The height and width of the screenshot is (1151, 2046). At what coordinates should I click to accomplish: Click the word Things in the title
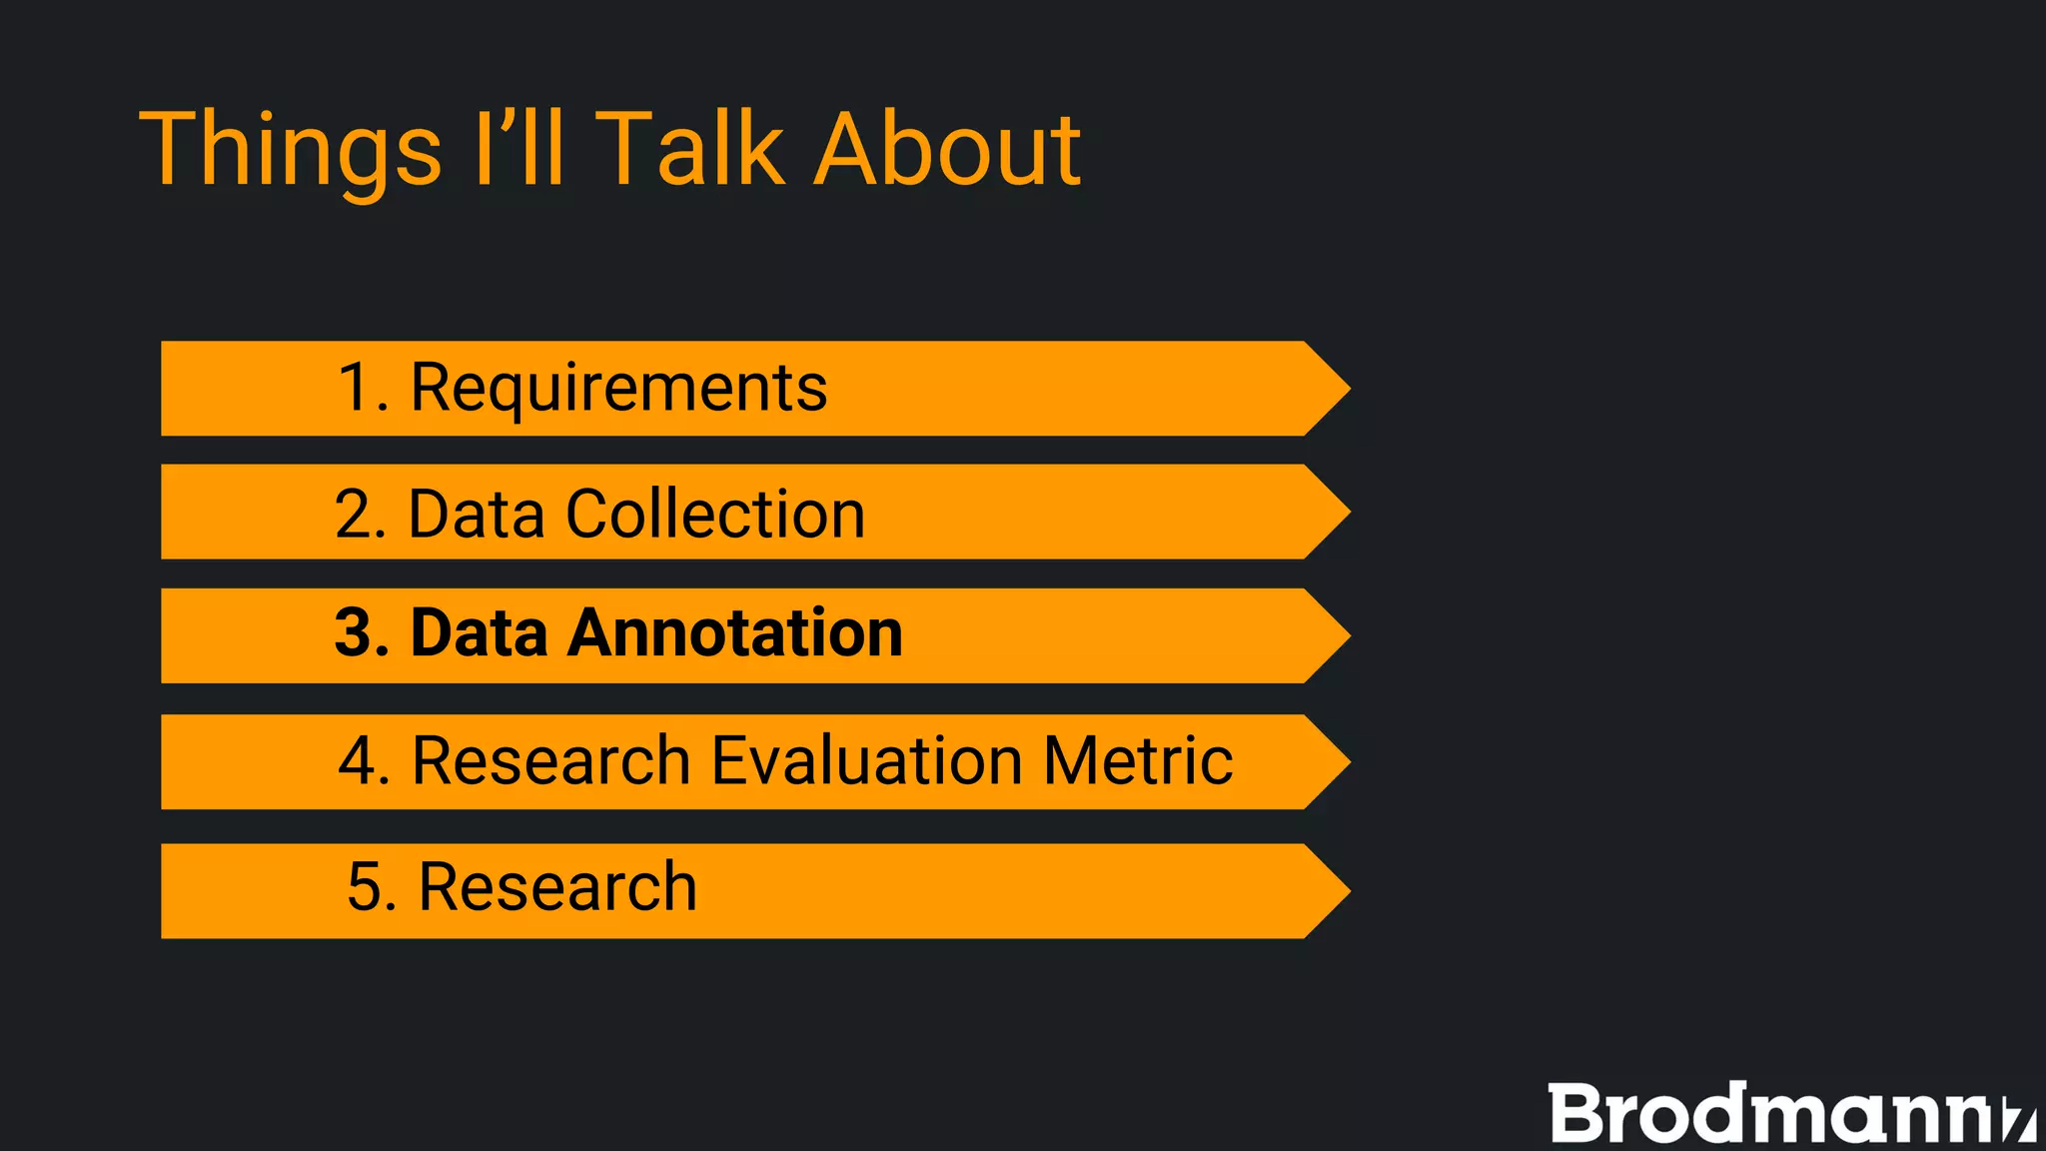290,150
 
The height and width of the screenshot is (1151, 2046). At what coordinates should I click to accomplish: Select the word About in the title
946,150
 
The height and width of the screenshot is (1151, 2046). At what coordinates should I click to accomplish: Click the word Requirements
618,388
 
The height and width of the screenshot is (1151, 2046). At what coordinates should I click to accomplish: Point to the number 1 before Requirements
356,388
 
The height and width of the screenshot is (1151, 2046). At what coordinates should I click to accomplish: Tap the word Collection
715,514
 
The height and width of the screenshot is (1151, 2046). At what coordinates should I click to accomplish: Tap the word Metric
1138,760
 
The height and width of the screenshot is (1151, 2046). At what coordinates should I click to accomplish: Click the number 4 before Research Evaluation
357,760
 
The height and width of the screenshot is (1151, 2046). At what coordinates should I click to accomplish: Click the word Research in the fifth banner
556,887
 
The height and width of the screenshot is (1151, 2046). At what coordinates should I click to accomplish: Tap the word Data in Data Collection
477,514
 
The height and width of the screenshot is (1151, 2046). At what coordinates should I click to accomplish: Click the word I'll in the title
519,150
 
